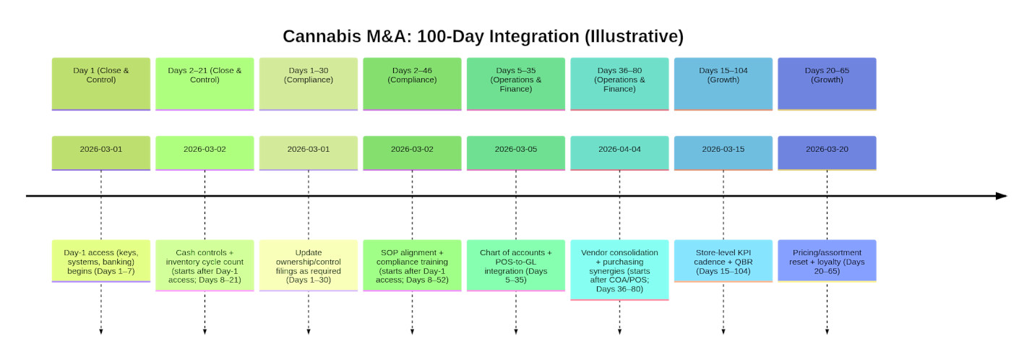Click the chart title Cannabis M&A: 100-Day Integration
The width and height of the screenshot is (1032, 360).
pyautogui.click(x=483, y=36)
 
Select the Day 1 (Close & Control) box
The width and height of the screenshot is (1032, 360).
pyautogui.click(x=101, y=84)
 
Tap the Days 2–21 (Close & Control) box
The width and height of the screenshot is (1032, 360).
pyautogui.click(x=205, y=84)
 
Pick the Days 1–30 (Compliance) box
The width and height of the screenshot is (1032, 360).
pyautogui.click(x=309, y=84)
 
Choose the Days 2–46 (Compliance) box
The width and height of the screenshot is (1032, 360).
pyautogui.click(x=412, y=84)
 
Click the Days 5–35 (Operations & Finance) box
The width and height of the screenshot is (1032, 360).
pyautogui.click(x=516, y=84)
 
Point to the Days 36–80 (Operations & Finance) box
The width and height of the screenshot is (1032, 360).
pyautogui.click(x=619, y=84)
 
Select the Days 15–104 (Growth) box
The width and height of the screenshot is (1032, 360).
pyautogui.click(x=723, y=84)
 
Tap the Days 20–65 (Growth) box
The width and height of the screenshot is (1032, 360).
pyautogui.click(x=827, y=84)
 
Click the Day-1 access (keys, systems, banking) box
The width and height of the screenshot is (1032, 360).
pyautogui.click(x=101, y=261)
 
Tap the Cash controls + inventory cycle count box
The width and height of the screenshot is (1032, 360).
pyautogui.click(x=205, y=265)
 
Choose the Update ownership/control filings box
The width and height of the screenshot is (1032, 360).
pyautogui.click(x=309, y=265)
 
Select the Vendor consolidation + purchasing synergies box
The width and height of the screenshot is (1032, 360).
pyautogui.click(x=619, y=270)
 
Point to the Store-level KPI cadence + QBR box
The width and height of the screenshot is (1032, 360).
pyautogui.click(x=723, y=261)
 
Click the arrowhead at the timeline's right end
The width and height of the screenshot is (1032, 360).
pyautogui.click(x=1001, y=196)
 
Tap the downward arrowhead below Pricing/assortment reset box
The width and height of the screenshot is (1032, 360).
pyautogui.click(x=827, y=332)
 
